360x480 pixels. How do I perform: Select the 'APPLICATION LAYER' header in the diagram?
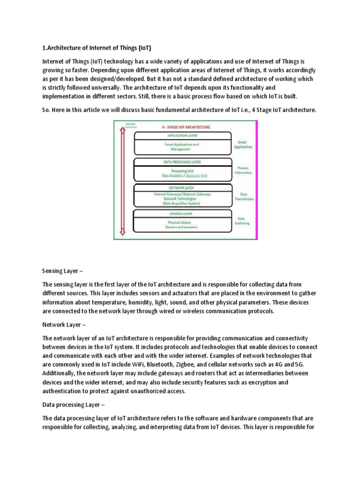[182, 135]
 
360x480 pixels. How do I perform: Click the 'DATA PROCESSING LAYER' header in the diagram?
[182, 162]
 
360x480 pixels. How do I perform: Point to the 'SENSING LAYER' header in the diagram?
[182, 214]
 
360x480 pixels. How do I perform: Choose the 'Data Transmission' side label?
[244, 196]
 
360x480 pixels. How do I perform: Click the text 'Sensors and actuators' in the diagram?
[182, 227]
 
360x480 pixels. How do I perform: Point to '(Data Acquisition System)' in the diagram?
[182, 204]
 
